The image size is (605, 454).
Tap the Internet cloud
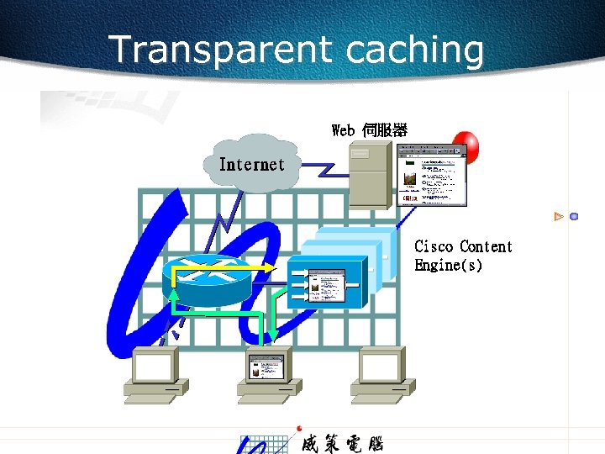click(251, 164)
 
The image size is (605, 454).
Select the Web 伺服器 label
click(370, 130)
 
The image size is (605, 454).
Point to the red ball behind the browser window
click(466, 145)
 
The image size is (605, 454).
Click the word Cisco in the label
click(434, 246)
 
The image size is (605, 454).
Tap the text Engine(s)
click(448, 266)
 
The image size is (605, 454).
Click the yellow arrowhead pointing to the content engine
click(271, 267)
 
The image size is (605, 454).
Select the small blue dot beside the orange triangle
click(574, 217)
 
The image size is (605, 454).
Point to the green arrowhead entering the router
click(174, 293)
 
